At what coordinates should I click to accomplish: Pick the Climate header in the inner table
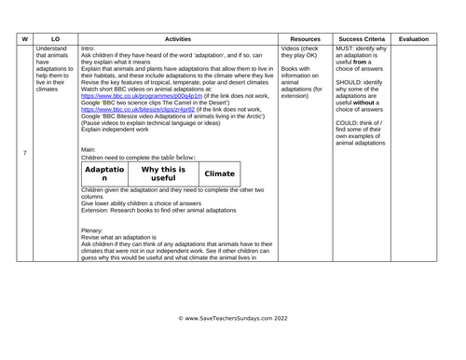[219, 173]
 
